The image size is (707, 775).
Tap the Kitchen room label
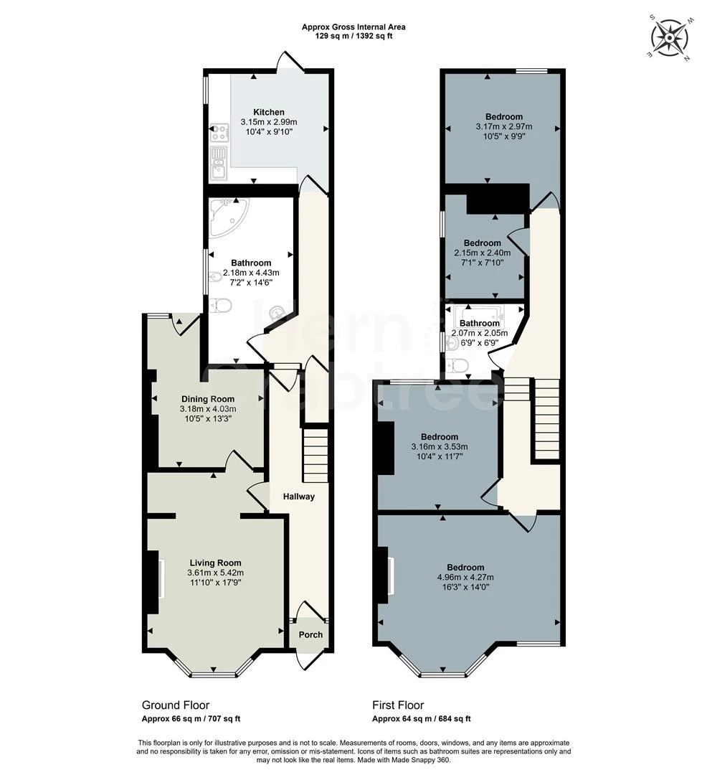point(269,113)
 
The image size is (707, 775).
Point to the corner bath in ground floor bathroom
point(228,217)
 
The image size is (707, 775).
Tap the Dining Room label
point(207,399)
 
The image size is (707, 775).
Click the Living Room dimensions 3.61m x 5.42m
point(215,573)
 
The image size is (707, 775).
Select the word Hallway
point(298,497)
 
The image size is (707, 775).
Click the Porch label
point(310,635)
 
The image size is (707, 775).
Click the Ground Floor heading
point(176,705)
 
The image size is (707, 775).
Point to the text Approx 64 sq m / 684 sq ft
point(421,719)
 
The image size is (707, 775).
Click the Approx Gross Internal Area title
point(353,27)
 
